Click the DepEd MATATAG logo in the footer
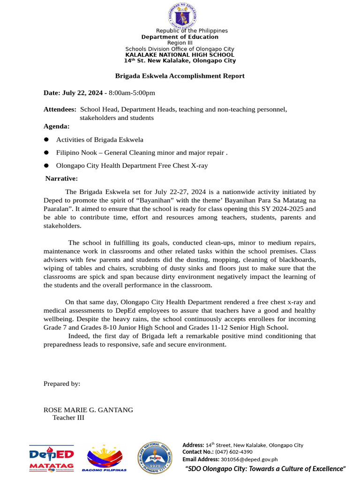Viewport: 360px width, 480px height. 52,458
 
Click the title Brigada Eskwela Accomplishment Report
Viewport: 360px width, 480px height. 180,76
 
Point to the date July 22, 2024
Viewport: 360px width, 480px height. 73,93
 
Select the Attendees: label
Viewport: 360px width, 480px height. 60,109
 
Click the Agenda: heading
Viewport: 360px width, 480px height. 56,126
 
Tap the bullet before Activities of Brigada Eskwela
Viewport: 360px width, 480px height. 46,140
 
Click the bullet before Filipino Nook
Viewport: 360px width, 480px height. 46,153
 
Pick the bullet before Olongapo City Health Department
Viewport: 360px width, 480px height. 46,165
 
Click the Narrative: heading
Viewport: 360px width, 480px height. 61,178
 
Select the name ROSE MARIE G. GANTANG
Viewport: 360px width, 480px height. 88,410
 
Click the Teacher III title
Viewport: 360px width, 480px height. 68,418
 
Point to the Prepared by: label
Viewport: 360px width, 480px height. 62,383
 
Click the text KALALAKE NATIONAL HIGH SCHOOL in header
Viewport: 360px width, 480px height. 180,55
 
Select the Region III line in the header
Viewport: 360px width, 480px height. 180,43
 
